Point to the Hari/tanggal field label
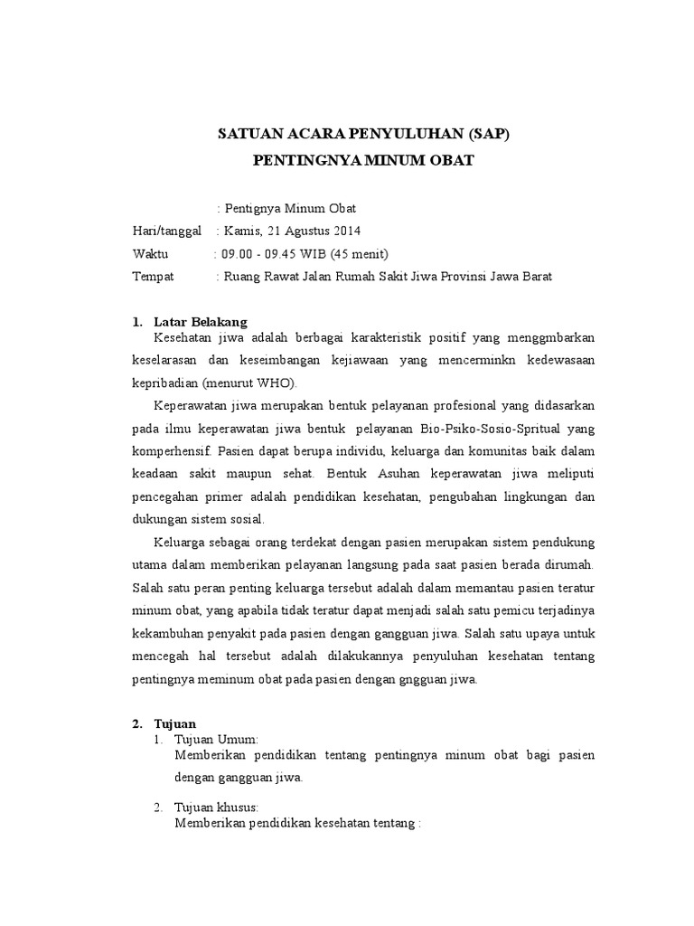pyautogui.click(x=167, y=231)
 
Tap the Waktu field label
pyautogui.click(x=151, y=253)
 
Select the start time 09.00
pyautogui.click(x=236, y=253)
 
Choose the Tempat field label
pyautogui.click(x=153, y=276)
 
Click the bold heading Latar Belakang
pyautogui.click(x=200, y=322)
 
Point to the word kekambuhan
pyautogui.click(x=169, y=634)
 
